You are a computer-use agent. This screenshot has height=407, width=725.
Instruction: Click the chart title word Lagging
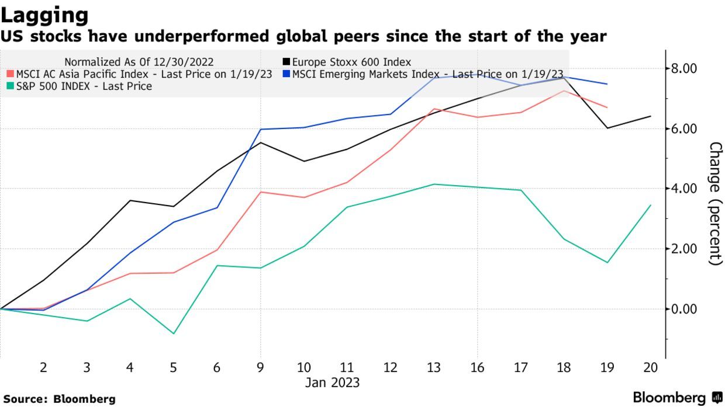point(44,15)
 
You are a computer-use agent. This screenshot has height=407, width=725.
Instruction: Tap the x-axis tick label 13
point(433,368)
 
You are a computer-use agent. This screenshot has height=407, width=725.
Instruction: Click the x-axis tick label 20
point(650,368)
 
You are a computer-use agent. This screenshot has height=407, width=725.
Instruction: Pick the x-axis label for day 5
point(173,368)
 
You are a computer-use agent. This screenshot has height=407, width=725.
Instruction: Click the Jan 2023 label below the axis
point(332,383)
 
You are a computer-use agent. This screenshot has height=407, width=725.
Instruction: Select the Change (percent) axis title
point(714,203)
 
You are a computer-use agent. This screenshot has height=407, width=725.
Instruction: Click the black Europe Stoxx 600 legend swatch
point(286,62)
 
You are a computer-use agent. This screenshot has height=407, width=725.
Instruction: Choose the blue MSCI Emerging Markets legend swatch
point(286,74)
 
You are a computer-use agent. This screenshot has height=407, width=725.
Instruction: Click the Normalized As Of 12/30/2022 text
point(139,62)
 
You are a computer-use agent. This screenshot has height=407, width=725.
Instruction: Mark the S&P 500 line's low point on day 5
point(173,333)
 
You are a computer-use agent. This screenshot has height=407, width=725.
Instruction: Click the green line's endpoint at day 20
point(651,205)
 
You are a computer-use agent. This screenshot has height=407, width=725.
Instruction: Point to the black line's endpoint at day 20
point(651,116)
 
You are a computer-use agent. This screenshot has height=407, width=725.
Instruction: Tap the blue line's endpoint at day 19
point(607,84)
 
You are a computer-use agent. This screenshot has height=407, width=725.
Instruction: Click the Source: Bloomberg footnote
point(58,399)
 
